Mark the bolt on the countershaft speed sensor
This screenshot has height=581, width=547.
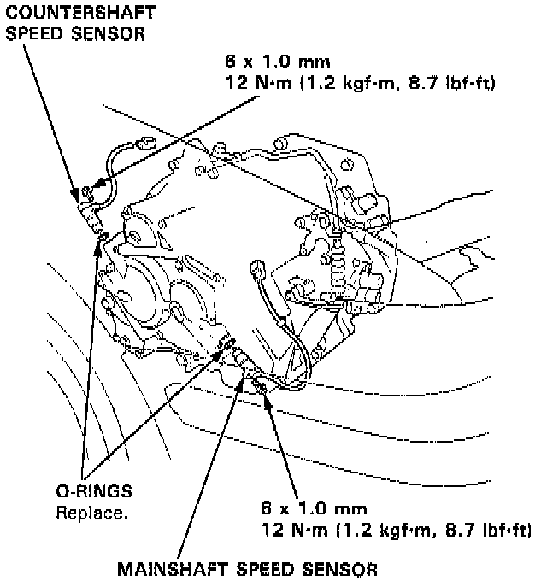coord(85,191)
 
